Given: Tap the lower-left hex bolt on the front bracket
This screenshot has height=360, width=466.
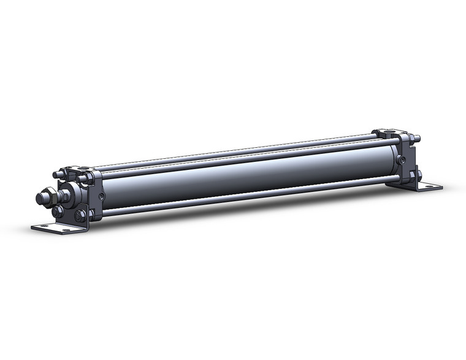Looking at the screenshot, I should [x=58, y=212].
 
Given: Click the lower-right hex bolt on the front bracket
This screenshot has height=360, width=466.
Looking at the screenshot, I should [x=80, y=216].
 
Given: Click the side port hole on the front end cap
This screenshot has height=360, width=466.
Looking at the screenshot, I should [x=101, y=196].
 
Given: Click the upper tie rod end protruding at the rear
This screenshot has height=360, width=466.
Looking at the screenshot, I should [x=417, y=139].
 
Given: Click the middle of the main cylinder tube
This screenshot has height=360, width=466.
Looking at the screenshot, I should [x=245, y=178].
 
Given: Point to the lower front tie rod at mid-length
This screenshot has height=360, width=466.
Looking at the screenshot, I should [x=245, y=196].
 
